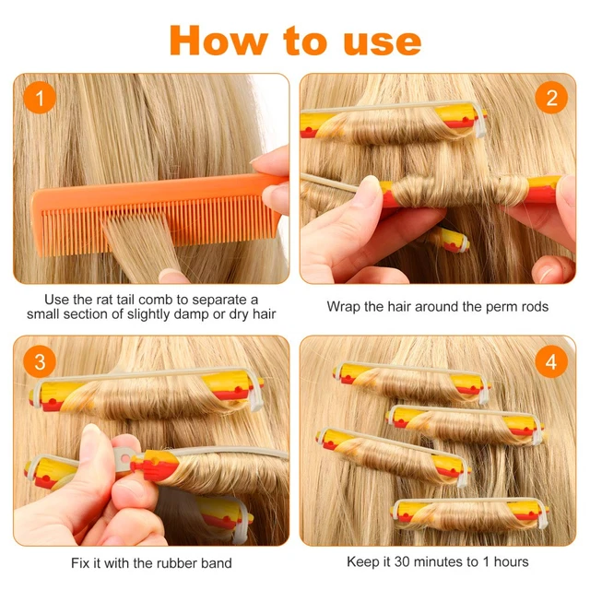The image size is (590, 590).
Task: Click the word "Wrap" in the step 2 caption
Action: pyautogui.click(x=344, y=306)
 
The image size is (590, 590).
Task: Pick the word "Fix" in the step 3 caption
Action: pyautogui.click(x=81, y=562)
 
